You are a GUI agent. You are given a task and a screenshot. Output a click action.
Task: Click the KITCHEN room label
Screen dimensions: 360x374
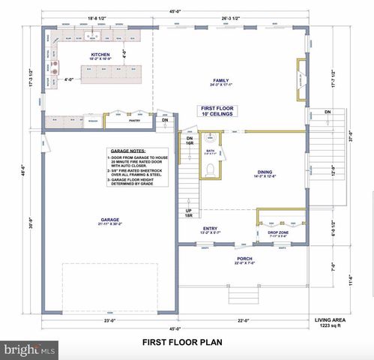pos(100,55)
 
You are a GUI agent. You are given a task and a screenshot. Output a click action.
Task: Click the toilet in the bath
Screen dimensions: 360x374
pos(211,169)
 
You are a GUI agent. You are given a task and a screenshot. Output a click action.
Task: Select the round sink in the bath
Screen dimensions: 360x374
pos(210,138)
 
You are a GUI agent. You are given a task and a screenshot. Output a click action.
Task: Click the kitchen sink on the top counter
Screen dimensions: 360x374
pos(93,35)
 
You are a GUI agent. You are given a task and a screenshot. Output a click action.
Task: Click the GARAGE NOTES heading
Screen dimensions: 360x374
pos(128,150)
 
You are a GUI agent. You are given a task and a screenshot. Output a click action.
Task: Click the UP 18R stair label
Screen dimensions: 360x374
pos(190,214)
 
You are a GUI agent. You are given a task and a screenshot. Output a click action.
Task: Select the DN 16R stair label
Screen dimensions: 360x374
pos(190,141)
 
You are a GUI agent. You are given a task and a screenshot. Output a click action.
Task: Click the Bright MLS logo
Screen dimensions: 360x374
pos(30,349)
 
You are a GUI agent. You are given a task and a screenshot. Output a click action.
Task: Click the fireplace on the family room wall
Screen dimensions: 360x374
pos(301,82)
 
